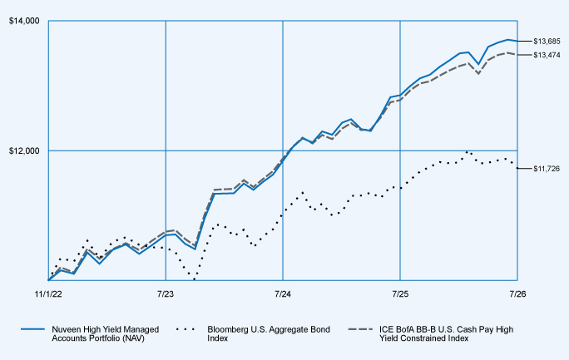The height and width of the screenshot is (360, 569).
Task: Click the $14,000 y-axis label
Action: coord(24,21)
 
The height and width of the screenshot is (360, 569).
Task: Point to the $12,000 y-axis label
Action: coord(24,150)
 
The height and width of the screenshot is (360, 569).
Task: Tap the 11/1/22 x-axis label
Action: coord(48,294)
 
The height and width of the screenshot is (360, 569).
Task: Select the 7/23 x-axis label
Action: coord(166,294)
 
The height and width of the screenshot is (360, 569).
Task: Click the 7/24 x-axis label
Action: coord(283,294)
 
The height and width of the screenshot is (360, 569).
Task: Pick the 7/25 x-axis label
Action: coord(400,294)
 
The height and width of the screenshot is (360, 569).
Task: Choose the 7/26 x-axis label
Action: coord(517,294)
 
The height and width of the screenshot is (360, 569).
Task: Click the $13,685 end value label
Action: coord(547,42)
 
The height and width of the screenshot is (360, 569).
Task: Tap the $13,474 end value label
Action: coord(547,55)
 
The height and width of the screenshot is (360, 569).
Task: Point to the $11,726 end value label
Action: coord(547,169)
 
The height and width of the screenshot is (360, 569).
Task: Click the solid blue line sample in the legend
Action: coord(33,329)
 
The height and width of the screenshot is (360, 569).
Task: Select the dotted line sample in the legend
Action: coord(186,329)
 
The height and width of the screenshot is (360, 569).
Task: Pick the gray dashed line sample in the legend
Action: coord(360,329)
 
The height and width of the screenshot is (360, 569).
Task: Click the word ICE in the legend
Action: coord(385,329)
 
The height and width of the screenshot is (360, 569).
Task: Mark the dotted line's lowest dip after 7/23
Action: coord(195,279)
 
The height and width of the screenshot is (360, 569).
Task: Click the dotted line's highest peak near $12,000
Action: coord(467,152)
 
